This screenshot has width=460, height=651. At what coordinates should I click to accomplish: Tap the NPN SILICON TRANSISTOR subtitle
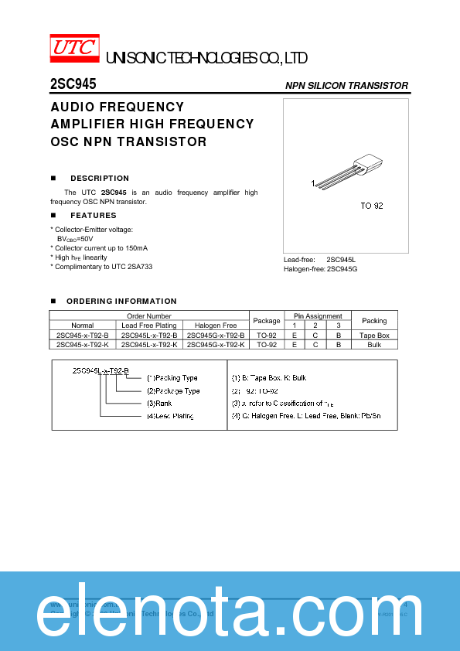point(346,85)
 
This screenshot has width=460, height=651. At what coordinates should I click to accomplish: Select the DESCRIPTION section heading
point(100,178)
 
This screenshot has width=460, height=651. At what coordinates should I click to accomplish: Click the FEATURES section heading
point(94,216)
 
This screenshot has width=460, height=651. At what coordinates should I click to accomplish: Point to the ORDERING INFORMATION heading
point(121,301)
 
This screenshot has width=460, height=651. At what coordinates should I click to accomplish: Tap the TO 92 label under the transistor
point(371,206)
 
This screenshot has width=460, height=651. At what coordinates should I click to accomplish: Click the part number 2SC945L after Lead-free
point(341,259)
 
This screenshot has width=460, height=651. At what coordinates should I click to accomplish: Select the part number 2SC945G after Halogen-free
point(342,268)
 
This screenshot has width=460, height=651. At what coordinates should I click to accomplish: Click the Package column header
point(267,321)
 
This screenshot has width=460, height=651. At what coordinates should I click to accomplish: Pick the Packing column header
point(374,321)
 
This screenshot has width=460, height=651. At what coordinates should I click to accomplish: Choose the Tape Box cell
point(374,336)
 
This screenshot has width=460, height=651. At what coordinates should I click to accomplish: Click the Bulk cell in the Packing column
point(374,345)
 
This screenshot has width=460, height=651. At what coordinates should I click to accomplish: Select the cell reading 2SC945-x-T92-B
point(83,336)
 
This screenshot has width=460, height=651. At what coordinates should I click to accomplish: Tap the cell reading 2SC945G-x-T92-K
point(216,345)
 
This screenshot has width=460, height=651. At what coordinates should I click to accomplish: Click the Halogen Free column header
point(216,325)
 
